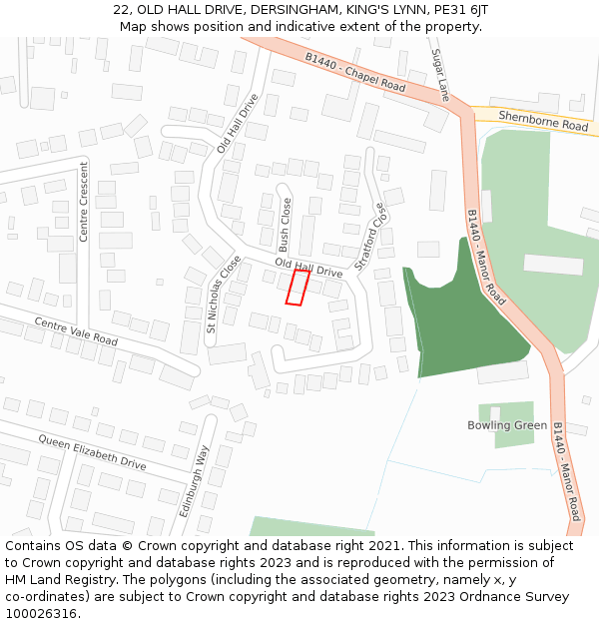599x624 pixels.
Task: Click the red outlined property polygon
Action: (297, 287)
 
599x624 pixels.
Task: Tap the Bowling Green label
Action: (507, 425)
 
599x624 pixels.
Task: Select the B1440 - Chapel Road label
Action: (355, 74)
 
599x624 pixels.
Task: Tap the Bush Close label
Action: (285, 225)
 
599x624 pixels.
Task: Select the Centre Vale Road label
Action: (76, 332)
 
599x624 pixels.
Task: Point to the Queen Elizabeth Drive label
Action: (92, 452)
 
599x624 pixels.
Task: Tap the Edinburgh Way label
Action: (197, 479)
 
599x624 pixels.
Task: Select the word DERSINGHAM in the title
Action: (293, 9)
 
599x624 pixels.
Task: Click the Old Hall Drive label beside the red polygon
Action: (307, 268)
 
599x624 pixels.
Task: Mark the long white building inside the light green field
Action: (552, 265)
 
